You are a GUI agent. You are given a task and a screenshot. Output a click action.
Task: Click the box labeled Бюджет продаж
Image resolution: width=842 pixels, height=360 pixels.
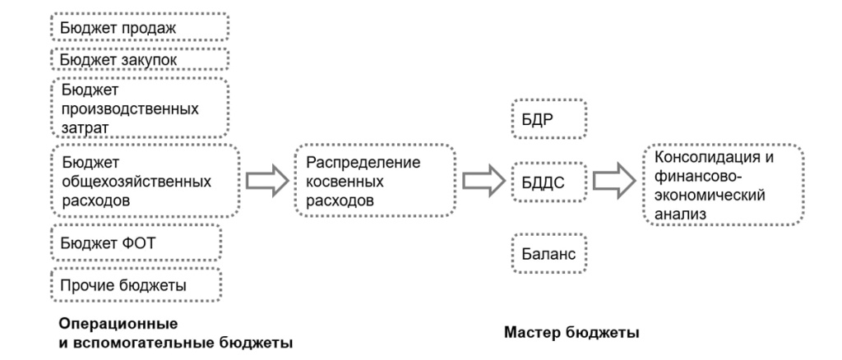[x=139, y=27]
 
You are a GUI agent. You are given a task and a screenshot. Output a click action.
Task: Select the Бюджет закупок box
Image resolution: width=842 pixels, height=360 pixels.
[x=139, y=59]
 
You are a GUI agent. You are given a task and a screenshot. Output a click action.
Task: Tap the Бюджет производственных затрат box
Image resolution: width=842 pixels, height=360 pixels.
[x=139, y=108]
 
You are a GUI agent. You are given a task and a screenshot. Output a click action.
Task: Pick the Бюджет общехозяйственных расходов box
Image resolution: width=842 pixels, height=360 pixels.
[x=145, y=179]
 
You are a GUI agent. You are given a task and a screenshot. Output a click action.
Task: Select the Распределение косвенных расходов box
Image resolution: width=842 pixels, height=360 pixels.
[x=374, y=180]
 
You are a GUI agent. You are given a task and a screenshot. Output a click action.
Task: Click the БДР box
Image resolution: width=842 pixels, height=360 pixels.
[x=548, y=120]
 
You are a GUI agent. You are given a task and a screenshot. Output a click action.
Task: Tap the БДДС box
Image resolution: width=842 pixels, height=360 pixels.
[x=548, y=180]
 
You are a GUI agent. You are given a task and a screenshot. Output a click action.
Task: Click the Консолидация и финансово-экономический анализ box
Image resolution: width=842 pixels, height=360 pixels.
[x=723, y=184]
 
